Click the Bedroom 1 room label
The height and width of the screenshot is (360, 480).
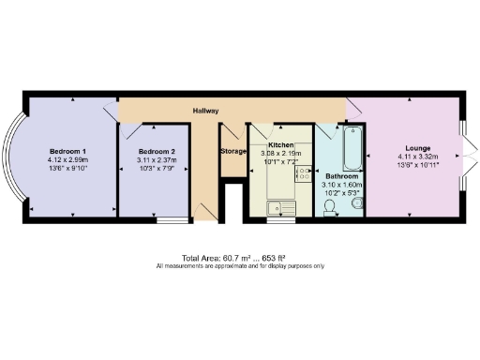pos(68,151)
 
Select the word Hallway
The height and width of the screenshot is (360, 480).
pos(206,111)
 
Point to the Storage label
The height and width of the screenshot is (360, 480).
pos(233,151)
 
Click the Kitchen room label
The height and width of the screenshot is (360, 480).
pos(281,146)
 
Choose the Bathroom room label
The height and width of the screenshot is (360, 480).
pos(341,176)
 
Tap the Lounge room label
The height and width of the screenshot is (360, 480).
pos(418,147)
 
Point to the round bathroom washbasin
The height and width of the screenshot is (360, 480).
pos(351,208)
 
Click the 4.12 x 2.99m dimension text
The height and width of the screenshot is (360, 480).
pos(68,160)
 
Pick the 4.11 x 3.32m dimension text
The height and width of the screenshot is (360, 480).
pos(418,157)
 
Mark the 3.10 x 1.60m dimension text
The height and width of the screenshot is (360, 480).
pos(341,186)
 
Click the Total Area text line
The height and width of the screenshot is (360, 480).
pos(240,258)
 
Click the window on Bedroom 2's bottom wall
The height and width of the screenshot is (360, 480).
pos(171,221)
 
